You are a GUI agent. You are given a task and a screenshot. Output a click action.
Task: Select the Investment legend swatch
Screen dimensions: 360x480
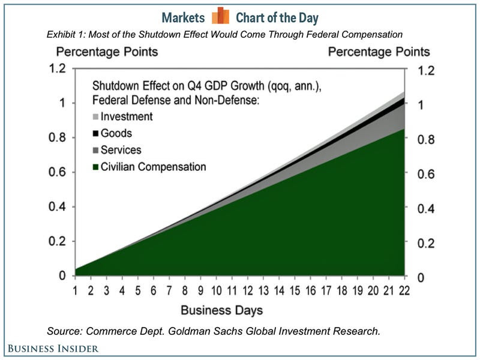pyautogui.click(x=95, y=117)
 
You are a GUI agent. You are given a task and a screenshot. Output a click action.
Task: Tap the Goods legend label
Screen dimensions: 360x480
pyautogui.click(x=117, y=133)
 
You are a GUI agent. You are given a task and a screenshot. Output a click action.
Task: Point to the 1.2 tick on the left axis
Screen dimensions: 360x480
pyautogui.click(x=55, y=68)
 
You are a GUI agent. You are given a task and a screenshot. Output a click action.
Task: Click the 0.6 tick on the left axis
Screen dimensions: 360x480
pyautogui.click(x=55, y=173)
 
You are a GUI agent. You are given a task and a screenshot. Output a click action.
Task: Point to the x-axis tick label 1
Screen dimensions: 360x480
pyautogui.click(x=77, y=291)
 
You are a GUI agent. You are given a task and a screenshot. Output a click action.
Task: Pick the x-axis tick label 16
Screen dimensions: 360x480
pyautogui.click(x=310, y=291)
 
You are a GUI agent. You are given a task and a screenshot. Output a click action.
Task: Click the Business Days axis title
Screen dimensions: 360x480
pyautogui.click(x=222, y=311)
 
